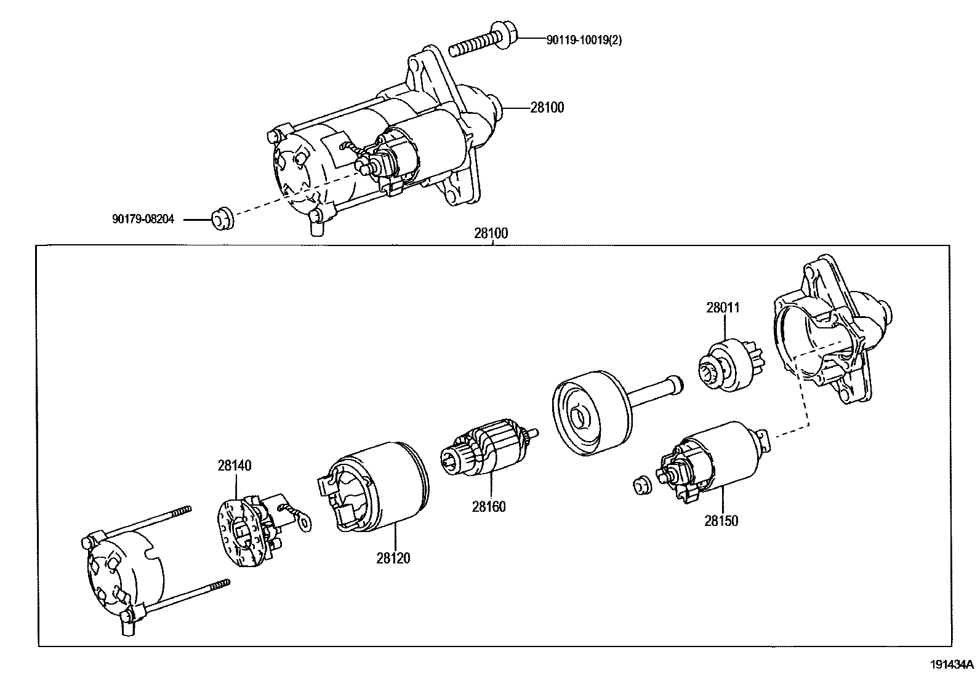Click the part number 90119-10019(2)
584,40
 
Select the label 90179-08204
143,218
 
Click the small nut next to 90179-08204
222,220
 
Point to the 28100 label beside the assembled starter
547,108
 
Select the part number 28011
723,308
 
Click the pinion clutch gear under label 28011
731,368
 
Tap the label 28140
234,466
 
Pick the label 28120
393,558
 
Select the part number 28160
489,507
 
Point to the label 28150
721,521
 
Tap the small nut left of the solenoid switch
641,486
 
